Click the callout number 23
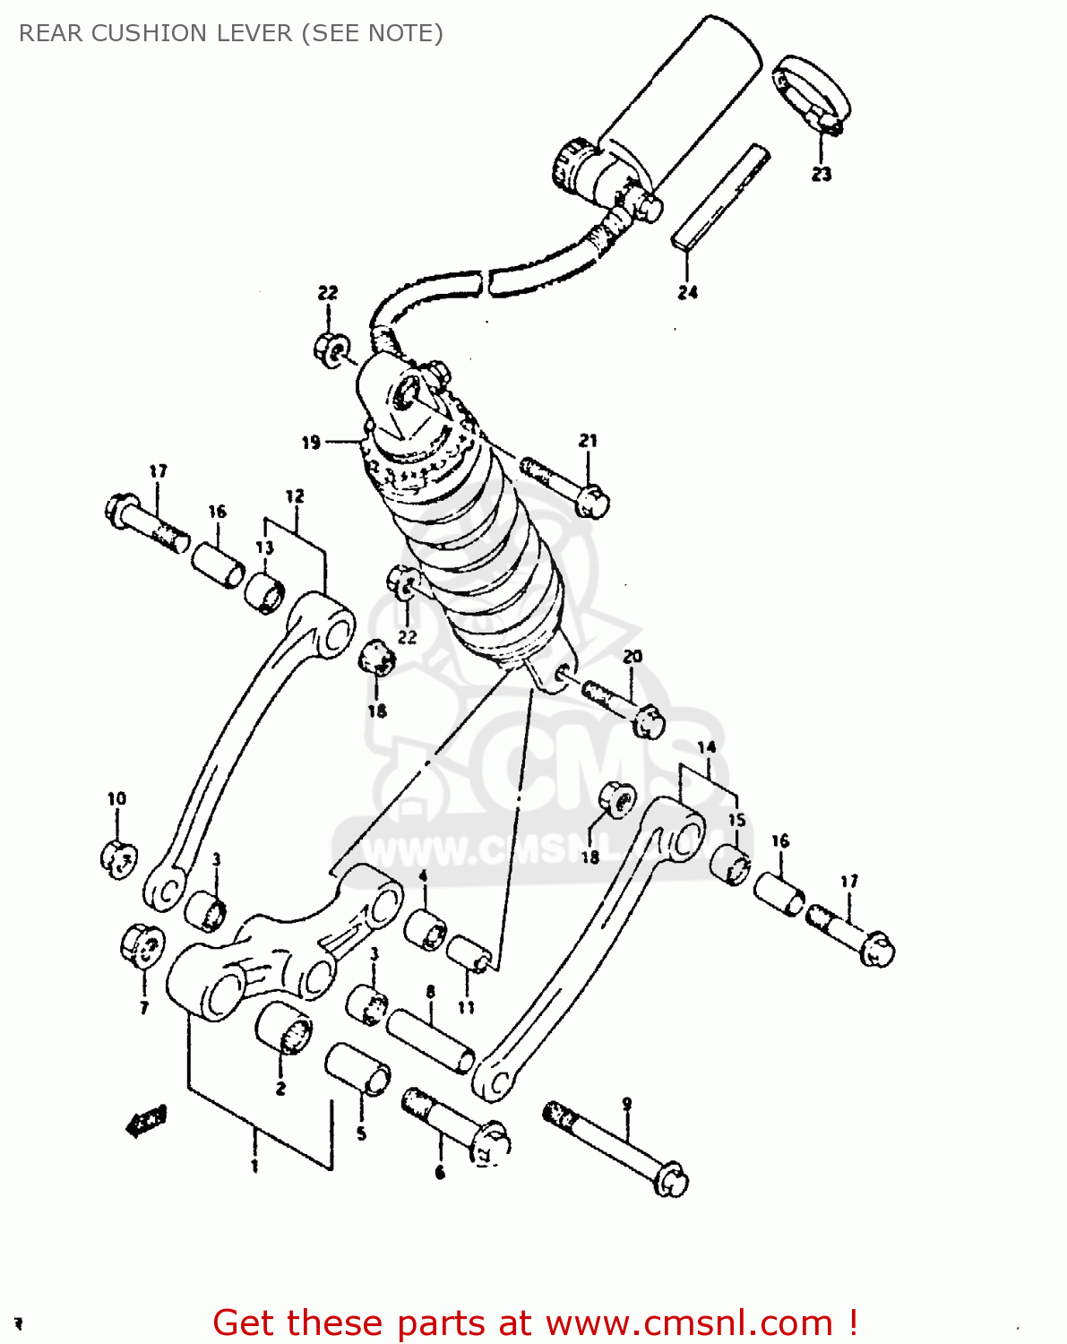click(x=821, y=174)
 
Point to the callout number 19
click(x=310, y=442)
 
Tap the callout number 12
click(x=295, y=495)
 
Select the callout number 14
click(x=706, y=747)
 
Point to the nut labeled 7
click(x=142, y=945)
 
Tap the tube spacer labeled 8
click(x=430, y=1040)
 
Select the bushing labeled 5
click(x=357, y=1068)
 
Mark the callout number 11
click(x=466, y=1007)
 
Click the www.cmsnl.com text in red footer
click(x=689, y=1322)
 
